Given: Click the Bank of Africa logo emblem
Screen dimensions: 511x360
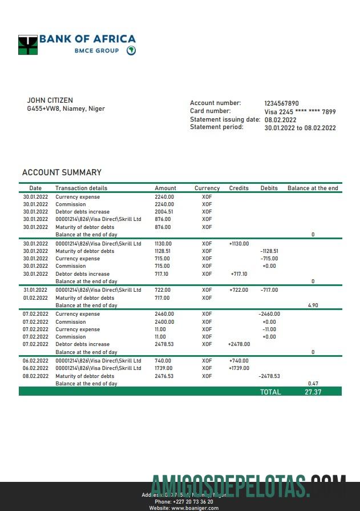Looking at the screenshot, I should (28, 45).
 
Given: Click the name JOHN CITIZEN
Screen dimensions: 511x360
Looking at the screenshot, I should (50, 100).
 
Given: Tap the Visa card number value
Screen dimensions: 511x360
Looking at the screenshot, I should (300, 112).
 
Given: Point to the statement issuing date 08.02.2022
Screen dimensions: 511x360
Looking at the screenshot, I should (280, 120).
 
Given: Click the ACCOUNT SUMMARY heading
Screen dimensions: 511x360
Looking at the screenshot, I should (62, 172).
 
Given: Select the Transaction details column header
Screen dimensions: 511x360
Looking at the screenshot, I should (81, 188).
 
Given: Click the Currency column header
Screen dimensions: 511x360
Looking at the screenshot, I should (207, 188).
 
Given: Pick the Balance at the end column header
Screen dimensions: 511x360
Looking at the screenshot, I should (313, 188).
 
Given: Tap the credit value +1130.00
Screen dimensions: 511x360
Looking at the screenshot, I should (238, 244).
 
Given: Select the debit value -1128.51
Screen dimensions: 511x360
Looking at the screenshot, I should (269, 251).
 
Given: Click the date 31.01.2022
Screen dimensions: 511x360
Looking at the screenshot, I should (35, 290).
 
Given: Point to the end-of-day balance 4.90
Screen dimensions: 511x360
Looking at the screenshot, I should (313, 305).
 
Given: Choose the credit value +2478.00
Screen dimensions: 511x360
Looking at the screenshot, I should (238, 344).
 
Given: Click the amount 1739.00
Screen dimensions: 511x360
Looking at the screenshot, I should (163, 368).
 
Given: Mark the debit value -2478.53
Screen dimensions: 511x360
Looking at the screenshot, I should (269, 376).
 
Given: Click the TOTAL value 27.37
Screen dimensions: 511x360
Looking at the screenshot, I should (313, 392).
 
